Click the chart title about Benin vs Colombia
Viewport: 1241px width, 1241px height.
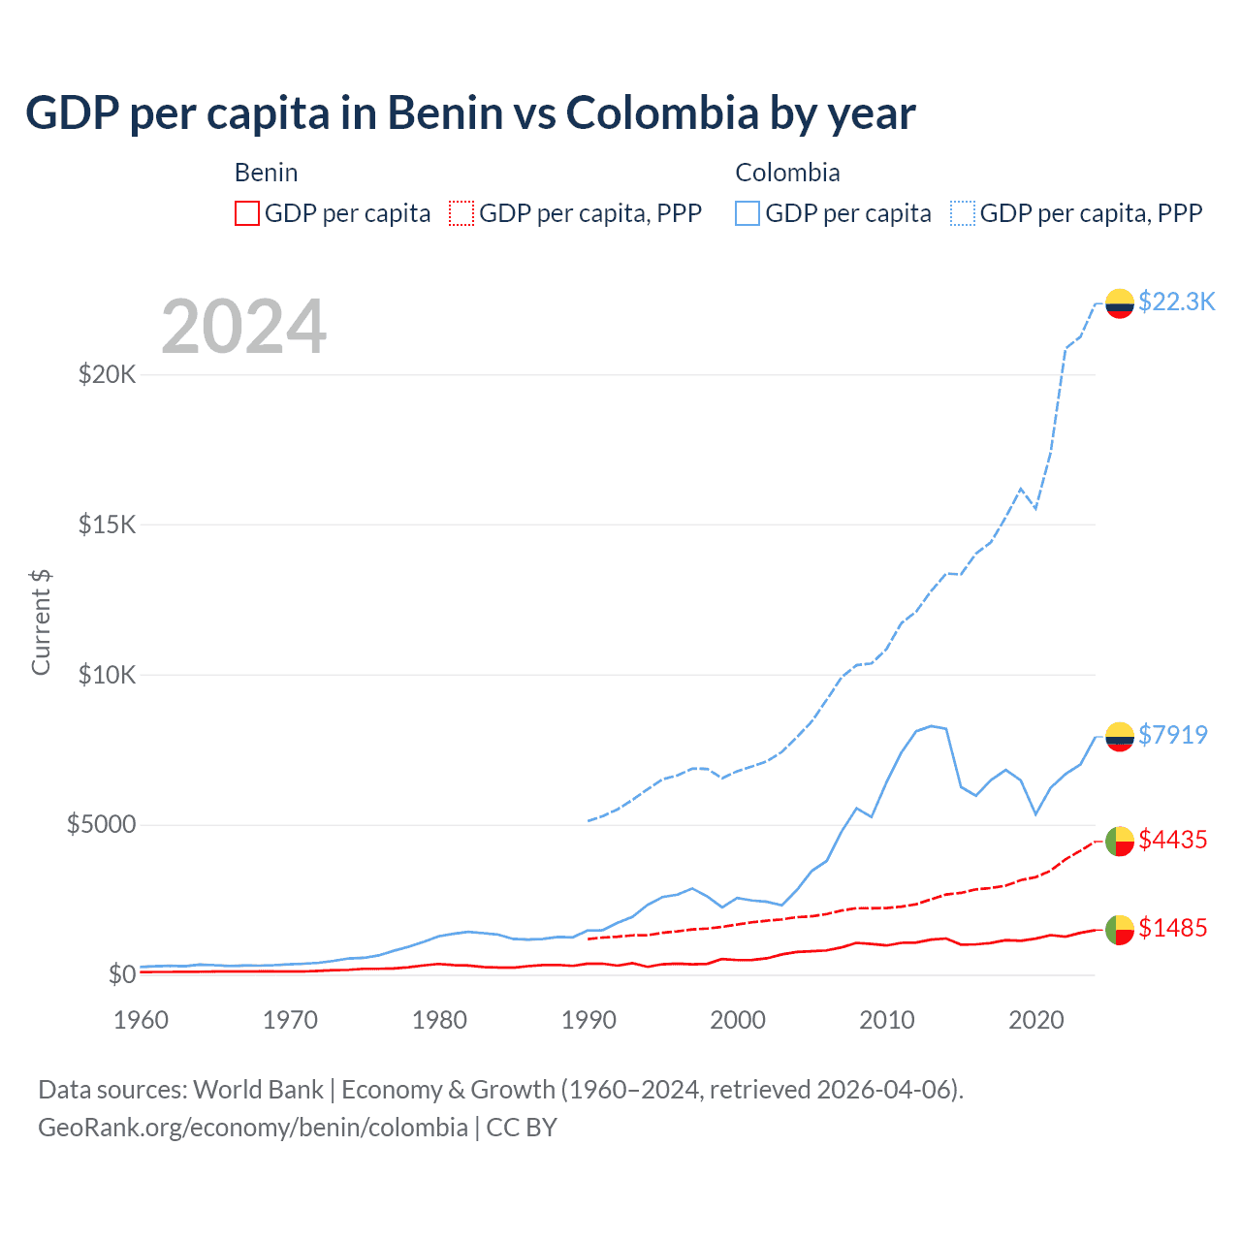pos(470,113)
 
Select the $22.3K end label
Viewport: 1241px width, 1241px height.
pos(1176,302)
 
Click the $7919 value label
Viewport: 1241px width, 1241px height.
pos(1172,735)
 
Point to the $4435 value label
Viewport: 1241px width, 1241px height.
pos(1172,840)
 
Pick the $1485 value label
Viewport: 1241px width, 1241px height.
pos(1172,928)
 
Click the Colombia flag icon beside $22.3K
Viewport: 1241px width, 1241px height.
pos(1120,303)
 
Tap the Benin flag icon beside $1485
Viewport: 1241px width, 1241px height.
pos(1120,930)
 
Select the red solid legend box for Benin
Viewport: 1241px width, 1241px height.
pos(247,213)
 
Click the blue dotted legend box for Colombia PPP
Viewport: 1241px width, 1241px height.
pos(963,213)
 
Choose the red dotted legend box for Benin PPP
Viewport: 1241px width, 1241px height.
pos(462,213)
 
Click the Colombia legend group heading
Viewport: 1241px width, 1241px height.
pos(787,173)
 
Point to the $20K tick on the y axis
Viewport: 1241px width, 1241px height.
pos(107,374)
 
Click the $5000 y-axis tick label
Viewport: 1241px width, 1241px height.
pos(101,825)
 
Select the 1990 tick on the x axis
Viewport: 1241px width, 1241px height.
pos(589,1020)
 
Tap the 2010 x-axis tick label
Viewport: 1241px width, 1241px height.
pos(887,1020)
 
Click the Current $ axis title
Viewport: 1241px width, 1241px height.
pos(41,621)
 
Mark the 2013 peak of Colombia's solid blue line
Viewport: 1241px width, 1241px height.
pos(932,725)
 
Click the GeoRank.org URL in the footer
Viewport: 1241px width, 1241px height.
pos(253,1128)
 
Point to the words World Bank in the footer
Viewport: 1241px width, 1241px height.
pos(258,1090)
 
